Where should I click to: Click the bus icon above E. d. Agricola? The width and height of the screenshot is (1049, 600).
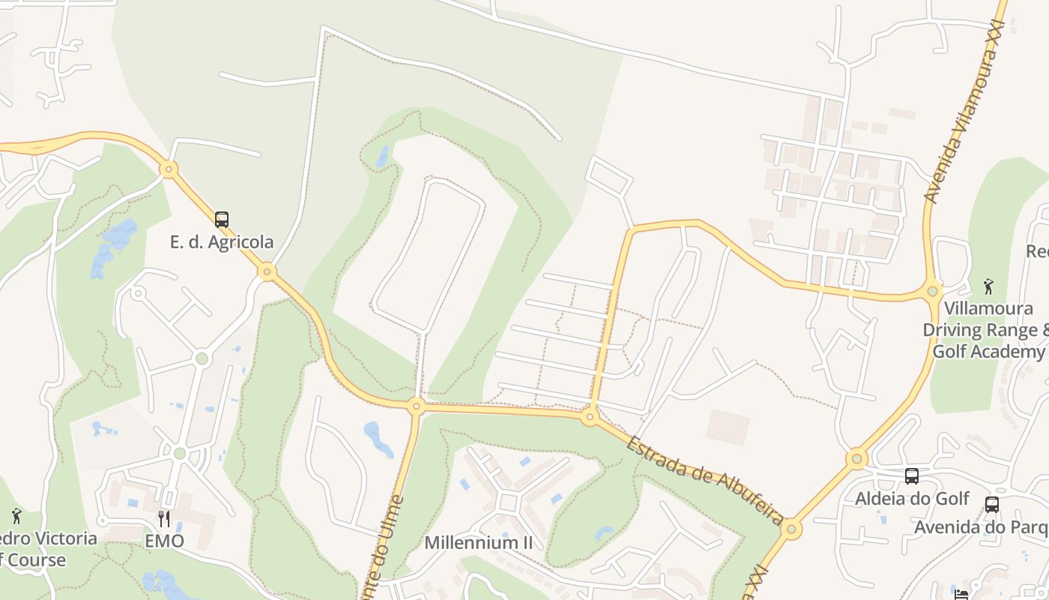tap(222, 220)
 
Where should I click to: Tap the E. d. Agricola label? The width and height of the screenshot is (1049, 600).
tap(222, 242)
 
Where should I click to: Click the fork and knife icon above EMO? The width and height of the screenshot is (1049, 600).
tap(164, 518)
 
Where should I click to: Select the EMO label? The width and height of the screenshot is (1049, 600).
tap(164, 541)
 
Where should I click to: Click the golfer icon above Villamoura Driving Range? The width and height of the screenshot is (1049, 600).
tap(988, 286)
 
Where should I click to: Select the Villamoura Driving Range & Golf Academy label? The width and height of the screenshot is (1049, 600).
tap(985, 330)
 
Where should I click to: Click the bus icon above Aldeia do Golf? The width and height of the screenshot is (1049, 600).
tap(912, 476)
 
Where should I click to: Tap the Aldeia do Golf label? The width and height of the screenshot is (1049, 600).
tap(912, 499)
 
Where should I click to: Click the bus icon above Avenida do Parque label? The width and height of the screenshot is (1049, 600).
tap(992, 505)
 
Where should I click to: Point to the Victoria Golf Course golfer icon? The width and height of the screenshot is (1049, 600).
tap(16, 516)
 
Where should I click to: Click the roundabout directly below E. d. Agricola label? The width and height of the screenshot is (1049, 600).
tap(267, 271)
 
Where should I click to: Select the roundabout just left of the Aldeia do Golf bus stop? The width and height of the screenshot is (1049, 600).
tap(856, 458)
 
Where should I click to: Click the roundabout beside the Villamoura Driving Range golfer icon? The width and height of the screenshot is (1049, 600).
tap(933, 291)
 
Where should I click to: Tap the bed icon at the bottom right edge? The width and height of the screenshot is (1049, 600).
tap(961, 595)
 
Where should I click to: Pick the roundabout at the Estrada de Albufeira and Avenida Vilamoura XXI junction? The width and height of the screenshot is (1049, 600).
tap(791, 529)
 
